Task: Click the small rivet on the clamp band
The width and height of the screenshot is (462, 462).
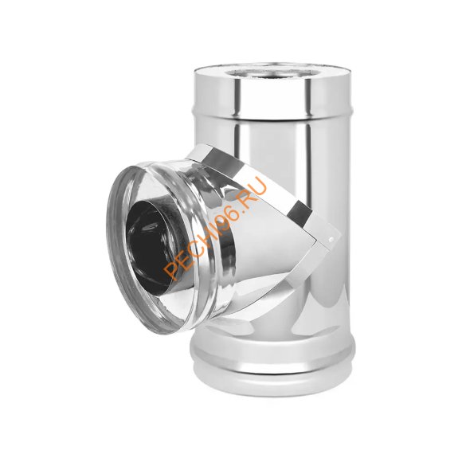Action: tap(332, 240)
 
